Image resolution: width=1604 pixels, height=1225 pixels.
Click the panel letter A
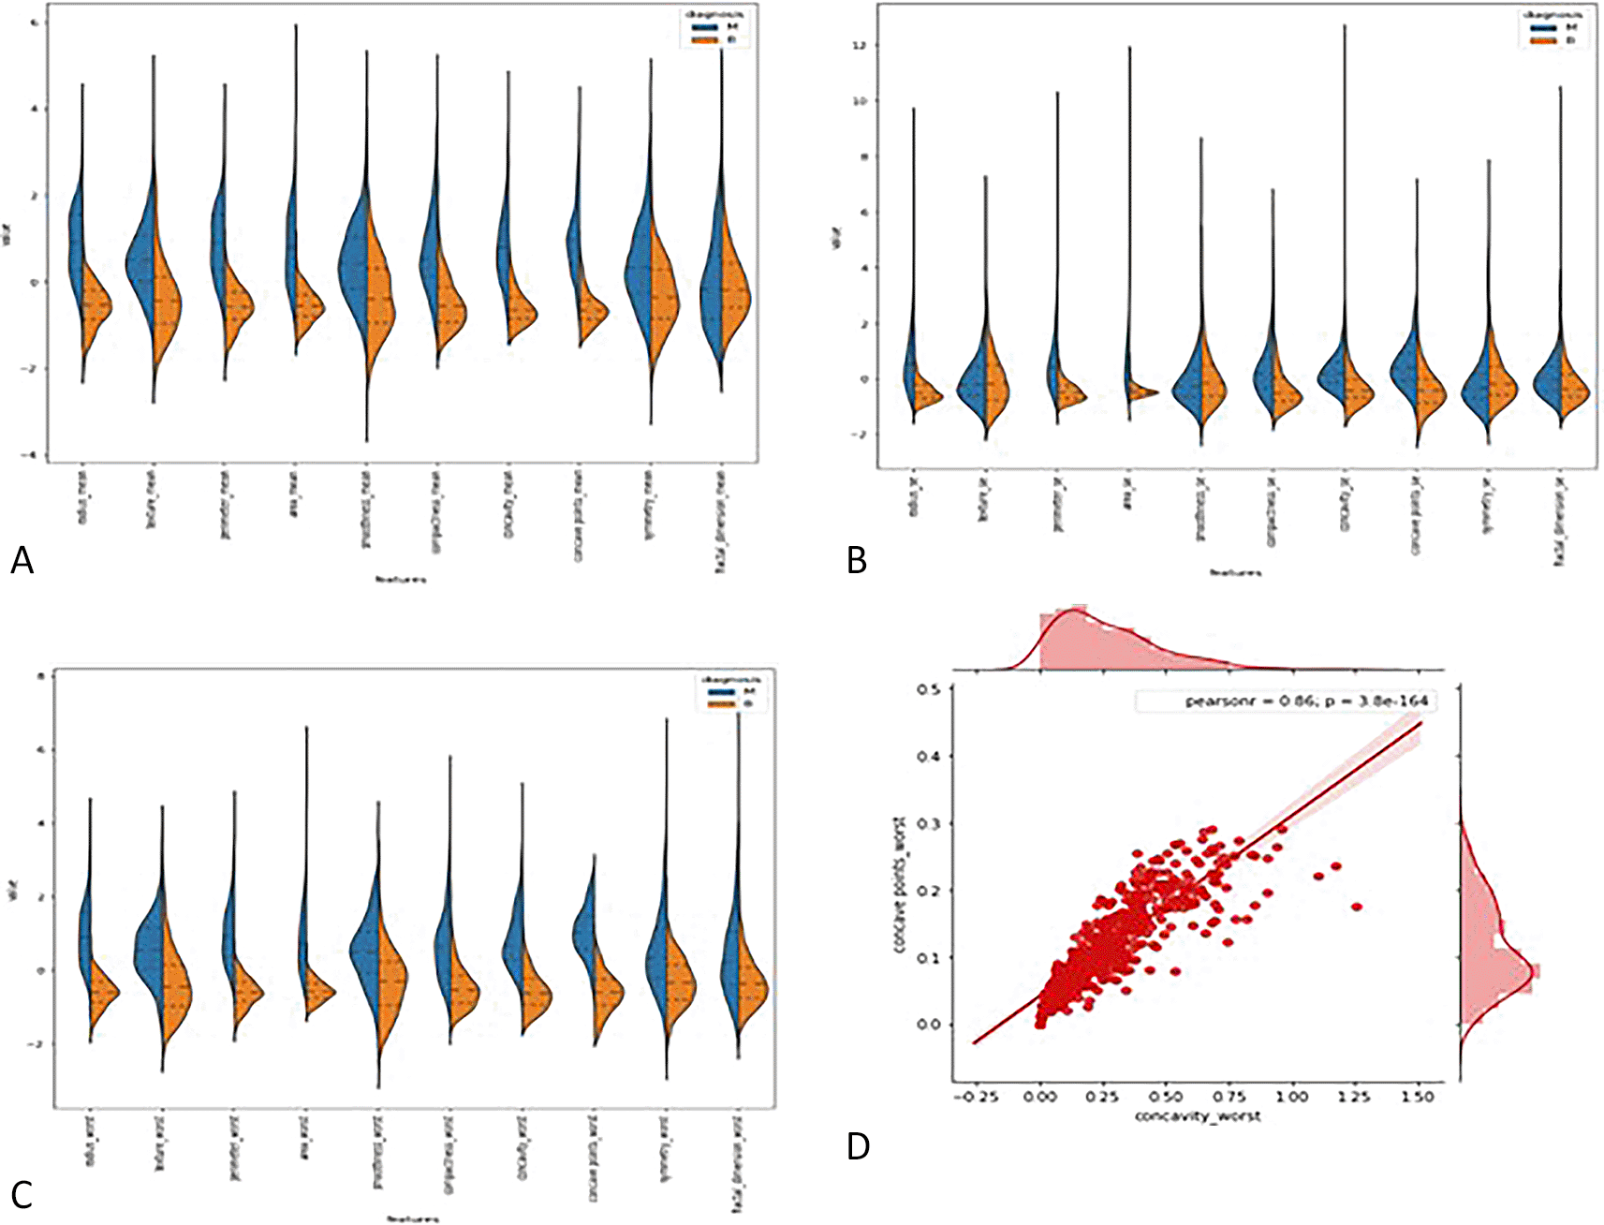pyautogui.click(x=22, y=561)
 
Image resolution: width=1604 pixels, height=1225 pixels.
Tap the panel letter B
pyautogui.click(x=856, y=561)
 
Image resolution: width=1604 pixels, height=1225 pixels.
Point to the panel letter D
pyautogui.click(x=858, y=1146)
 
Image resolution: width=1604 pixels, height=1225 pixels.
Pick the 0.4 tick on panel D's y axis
pyautogui.click(x=928, y=756)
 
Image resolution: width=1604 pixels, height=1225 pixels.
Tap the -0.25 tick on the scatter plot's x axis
pyautogui.click(x=974, y=1097)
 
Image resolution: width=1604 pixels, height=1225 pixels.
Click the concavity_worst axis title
pyautogui.click(x=1198, y=1115)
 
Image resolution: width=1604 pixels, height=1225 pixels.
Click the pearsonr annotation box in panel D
pyautogui.click(x=1286, y=701)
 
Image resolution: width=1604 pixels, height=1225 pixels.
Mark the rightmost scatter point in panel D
pyautogui.click(x=1356, y=907)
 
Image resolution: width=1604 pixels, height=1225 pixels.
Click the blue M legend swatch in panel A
pyautogui.click(x=703, y=28)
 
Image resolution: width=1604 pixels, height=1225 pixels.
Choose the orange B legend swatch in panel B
pyautogui.click(x=1543, y=40)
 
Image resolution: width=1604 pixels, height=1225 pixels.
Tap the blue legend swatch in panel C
pyautogui.click(x=720, y=690)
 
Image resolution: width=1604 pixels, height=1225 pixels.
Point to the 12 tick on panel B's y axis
pyautogui.click(x=858, y=46)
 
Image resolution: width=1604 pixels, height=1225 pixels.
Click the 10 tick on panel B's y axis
pyautogui.click(x=858, y=101)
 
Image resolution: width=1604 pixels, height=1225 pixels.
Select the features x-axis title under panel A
pyautogui.click(x=400, y=580)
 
